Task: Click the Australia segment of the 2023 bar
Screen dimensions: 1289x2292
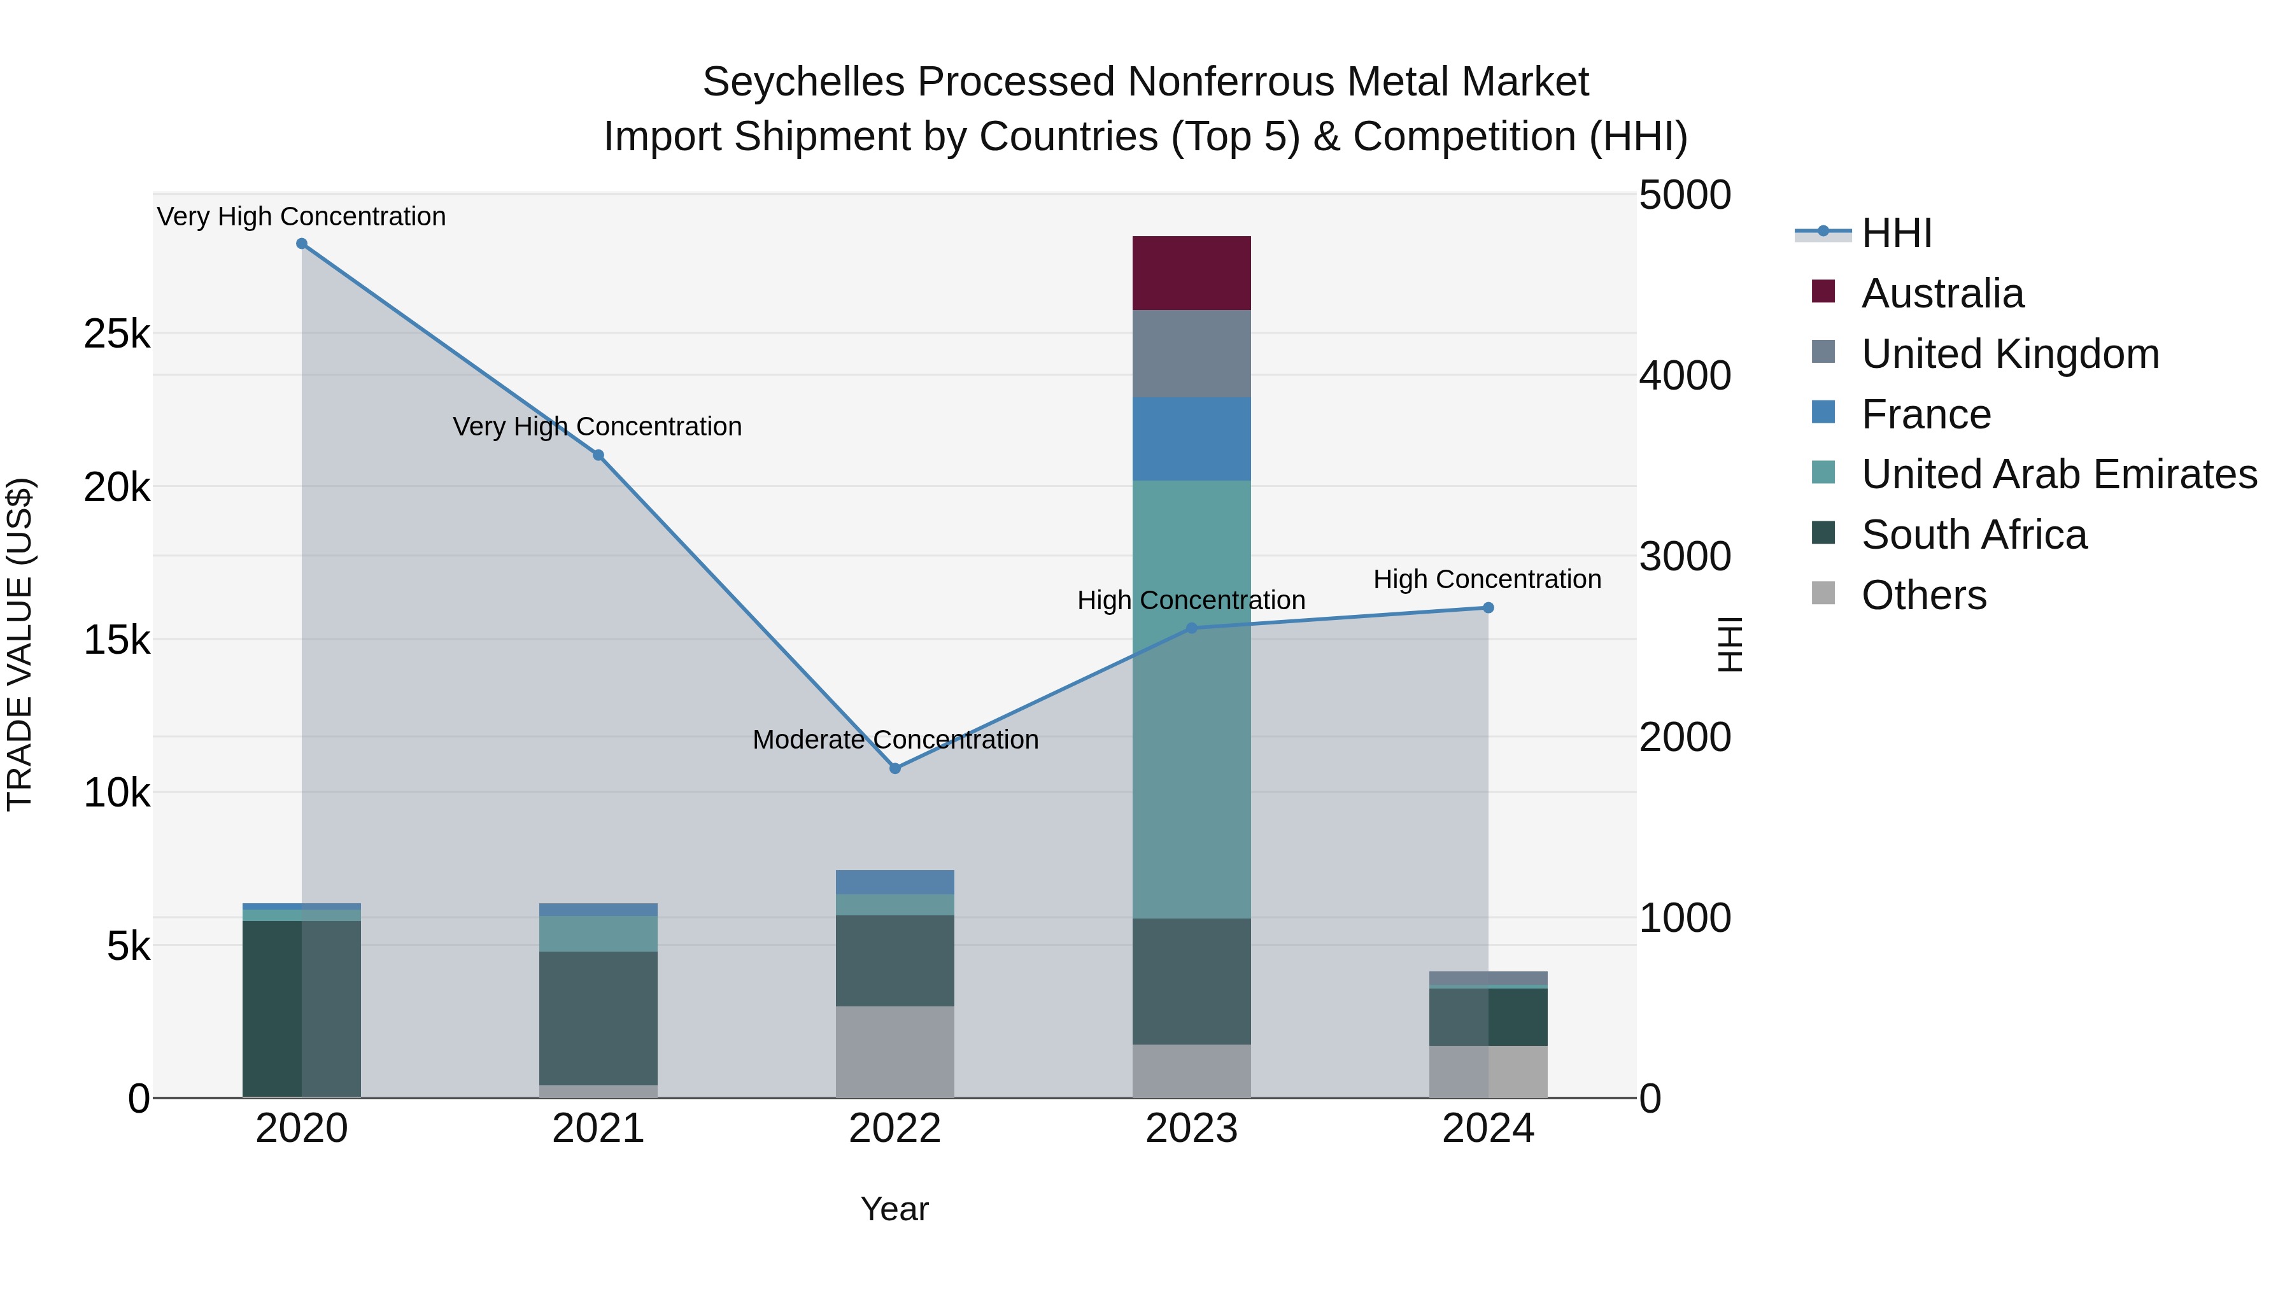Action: click(1191, 273)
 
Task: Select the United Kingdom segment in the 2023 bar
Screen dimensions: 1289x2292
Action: click(1191, 354)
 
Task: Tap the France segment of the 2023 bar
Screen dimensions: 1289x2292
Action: click(1191, 439)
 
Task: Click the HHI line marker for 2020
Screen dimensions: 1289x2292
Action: click(302, 244)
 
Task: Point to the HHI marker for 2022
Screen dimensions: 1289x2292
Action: click(895, 768)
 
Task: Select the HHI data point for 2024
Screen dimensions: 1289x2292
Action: click(1489, 608)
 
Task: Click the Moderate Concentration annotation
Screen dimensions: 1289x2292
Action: click(895, 740)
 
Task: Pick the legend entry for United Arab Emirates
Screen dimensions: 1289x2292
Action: click(2059, 474)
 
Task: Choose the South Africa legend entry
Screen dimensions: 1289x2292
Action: click(1974, 535)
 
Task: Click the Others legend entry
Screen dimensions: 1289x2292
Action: click(1923, 595)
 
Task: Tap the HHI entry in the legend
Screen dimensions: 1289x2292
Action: click(1896, 233)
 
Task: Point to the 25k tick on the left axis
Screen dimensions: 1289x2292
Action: click(117, 334)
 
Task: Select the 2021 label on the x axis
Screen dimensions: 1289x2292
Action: click(598, 1129)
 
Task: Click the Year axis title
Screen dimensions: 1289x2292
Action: click(895, 1209)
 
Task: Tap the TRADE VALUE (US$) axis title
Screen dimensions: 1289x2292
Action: click(20, 644)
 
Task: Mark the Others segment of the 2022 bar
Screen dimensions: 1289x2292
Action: click(895, 1052)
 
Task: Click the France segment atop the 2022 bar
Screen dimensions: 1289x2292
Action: click(895, 882)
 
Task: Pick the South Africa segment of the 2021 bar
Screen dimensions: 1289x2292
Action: click(598, 1018)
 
